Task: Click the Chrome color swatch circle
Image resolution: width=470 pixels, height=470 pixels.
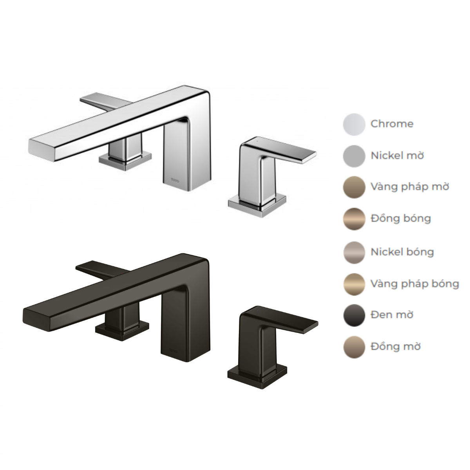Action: (354, 125)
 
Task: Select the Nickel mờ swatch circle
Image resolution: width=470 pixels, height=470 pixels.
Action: (354, 156)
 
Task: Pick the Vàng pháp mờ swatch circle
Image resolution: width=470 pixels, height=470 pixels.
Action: (354, 187)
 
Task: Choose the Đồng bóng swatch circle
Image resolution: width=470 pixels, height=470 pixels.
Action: (354, 219)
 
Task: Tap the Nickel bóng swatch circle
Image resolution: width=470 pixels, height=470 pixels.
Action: (354, 253)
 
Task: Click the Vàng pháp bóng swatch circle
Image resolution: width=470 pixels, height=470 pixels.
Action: (354, 284)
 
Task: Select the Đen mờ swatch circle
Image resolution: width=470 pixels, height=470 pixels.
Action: (354, 315)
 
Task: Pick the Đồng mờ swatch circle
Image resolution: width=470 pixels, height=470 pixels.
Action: (354, 347)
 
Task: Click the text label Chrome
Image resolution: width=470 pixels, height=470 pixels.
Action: (392, 124)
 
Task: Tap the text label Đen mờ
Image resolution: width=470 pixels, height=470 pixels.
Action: (392, 315)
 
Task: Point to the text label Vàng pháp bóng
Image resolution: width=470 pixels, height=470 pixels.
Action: (415, 284)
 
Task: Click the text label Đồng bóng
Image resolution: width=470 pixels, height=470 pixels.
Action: (401, 218)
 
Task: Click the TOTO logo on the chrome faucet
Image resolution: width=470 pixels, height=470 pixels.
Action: (175, 181)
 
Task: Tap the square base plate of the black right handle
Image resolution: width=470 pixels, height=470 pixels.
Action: (257, 376)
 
